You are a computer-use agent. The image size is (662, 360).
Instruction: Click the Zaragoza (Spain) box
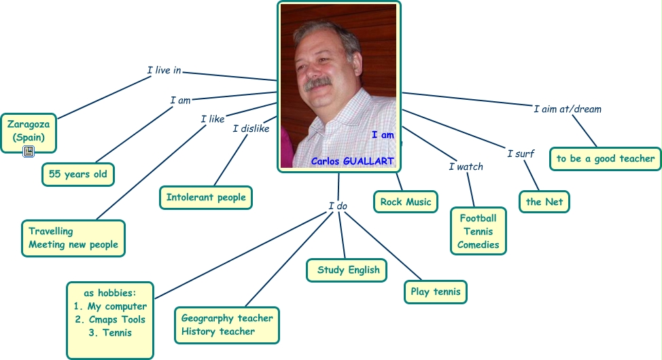click(28, 131)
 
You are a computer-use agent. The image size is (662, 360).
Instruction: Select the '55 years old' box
click(77, 174)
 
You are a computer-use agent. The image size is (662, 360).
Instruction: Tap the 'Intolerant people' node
click(206, 198)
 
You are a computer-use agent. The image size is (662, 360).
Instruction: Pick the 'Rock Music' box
click(406, 202)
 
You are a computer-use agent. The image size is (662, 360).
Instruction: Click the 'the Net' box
click(544, 202)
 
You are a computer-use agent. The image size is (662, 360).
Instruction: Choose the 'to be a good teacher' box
click(605, 159)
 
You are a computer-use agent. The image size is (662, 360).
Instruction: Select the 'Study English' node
click(347, 270)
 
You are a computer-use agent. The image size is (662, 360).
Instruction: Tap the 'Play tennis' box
click(435, 292)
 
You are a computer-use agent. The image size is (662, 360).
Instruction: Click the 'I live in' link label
click(164, 70)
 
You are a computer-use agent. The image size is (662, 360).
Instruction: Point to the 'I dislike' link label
click(251, 128)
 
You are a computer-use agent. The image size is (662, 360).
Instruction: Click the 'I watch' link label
click(466, 166)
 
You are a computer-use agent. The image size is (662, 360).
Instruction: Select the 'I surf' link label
click(521, 154)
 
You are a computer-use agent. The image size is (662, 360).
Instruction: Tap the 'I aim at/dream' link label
click(567, 109)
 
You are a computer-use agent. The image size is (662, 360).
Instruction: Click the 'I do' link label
click(338, 206)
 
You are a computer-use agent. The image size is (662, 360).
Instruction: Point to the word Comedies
click(478, 245)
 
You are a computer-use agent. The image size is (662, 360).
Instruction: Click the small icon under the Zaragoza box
click(29, 151)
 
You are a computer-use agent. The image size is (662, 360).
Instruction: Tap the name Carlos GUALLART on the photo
click(352, 161)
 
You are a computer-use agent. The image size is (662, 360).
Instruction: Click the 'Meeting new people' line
click(73, 245)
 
